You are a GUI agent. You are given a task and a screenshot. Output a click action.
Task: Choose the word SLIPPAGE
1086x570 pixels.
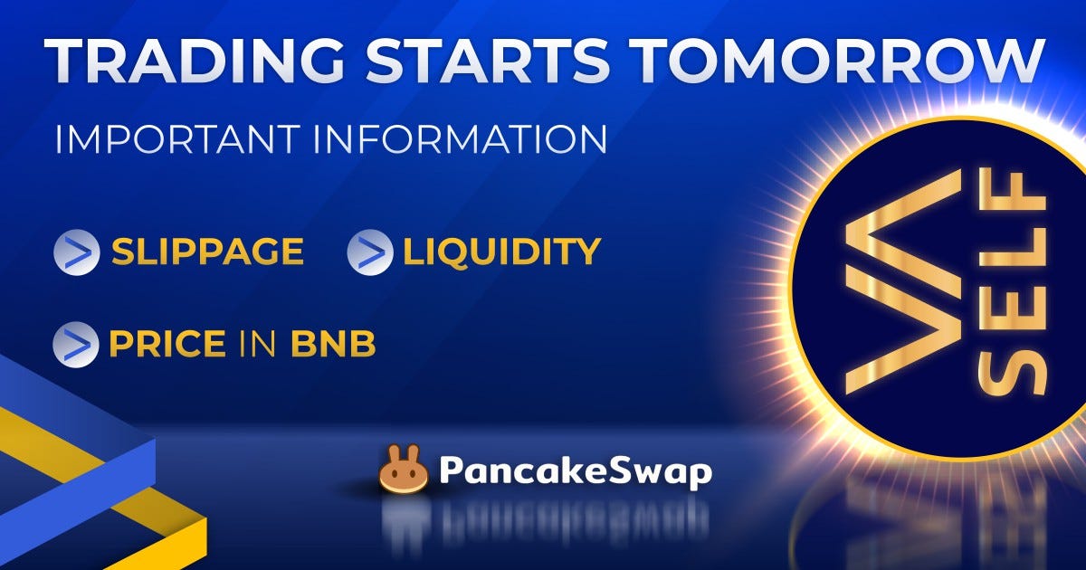tap(207, 252)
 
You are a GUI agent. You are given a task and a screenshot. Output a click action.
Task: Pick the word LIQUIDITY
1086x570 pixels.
tap(501, 252)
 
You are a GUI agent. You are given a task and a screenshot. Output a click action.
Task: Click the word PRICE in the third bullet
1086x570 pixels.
tap(167, 344)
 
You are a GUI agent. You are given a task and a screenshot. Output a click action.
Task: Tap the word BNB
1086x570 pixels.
tap(332, 344)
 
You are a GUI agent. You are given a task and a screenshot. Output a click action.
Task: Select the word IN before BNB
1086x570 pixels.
tap(258, 344)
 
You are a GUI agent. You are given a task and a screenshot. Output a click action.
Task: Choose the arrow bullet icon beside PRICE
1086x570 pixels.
tap(75, 345)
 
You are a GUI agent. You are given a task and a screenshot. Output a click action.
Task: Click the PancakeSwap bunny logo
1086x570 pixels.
tap(403, 470)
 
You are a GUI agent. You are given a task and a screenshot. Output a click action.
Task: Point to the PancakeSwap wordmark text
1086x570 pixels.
tap(575, 471)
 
